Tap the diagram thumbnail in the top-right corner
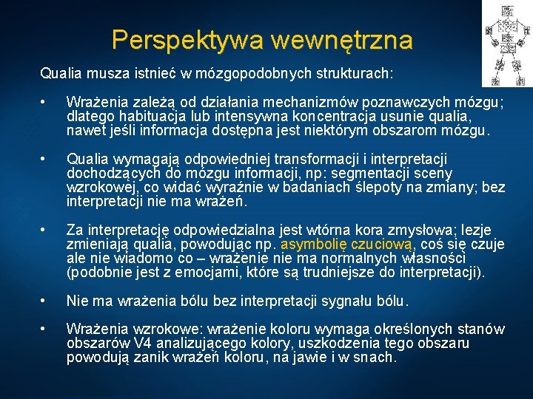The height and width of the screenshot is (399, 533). pyautogui.click(x=506, y=43)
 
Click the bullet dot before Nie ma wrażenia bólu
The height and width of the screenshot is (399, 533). pyautogui.click(x=45, y=301)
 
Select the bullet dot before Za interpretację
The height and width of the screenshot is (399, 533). pyautogui.click(x=45, y=231)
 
